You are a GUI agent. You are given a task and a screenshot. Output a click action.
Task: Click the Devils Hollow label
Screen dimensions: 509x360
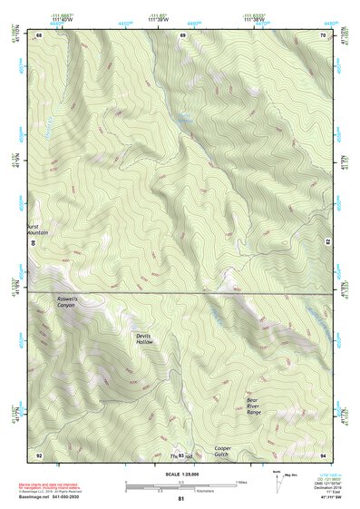pyautogui.click(x=144, y=338)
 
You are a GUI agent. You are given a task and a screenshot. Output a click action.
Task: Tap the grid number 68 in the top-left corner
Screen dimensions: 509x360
pyautogui.click(x=39, y=35)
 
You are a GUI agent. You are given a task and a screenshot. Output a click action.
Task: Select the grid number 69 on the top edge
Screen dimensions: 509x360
pyautogui.click(x=181, y=35)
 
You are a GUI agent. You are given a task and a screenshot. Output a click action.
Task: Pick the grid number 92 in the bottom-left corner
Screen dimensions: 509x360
pyautogui.click(x=39, y=454)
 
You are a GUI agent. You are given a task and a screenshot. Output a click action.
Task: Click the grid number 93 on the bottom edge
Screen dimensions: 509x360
pyautogui.click(x=181, y=455)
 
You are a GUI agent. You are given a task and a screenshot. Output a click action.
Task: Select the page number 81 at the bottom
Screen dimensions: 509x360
pyautogui.click(x=180, y=499)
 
